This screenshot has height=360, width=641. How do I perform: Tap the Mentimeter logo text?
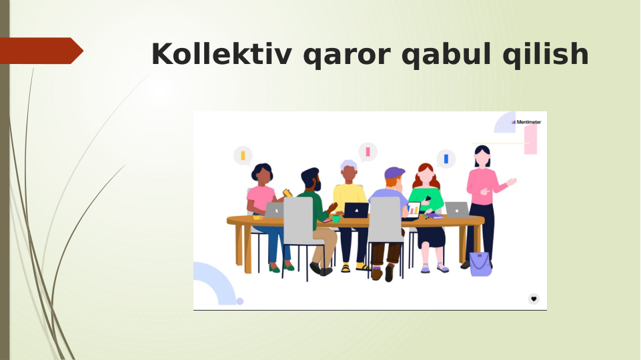tap(528, 122)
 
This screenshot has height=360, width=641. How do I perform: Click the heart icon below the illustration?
tap(534, 299)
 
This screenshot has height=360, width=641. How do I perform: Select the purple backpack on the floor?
tap(480, 264)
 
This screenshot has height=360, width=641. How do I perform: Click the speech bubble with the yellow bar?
tap(243, 156)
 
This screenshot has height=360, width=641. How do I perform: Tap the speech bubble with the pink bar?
tap(368, 152)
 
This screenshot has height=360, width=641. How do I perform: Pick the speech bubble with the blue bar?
tap(446, 159)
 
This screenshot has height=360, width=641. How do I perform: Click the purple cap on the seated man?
tap(394, 173)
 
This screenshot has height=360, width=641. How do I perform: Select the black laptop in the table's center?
tap(356, 210)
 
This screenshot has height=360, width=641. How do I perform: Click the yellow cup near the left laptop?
tap(257, 217)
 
